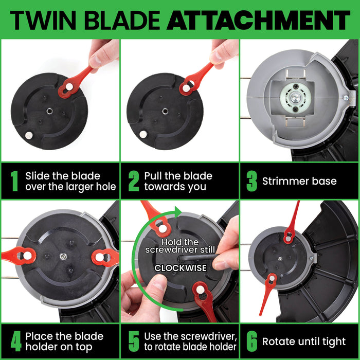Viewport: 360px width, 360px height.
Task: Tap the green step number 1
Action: point(14,181)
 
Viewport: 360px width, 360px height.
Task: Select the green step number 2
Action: point(134,181)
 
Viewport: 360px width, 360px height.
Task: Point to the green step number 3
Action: point(251,181)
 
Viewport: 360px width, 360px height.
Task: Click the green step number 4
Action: point(14,341)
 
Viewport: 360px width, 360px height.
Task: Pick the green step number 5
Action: point(134,341)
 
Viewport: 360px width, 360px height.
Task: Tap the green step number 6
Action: point(251,341)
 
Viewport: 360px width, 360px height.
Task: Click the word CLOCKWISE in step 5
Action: point(181,268)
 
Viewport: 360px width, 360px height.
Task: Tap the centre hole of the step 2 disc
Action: point(166,110)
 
